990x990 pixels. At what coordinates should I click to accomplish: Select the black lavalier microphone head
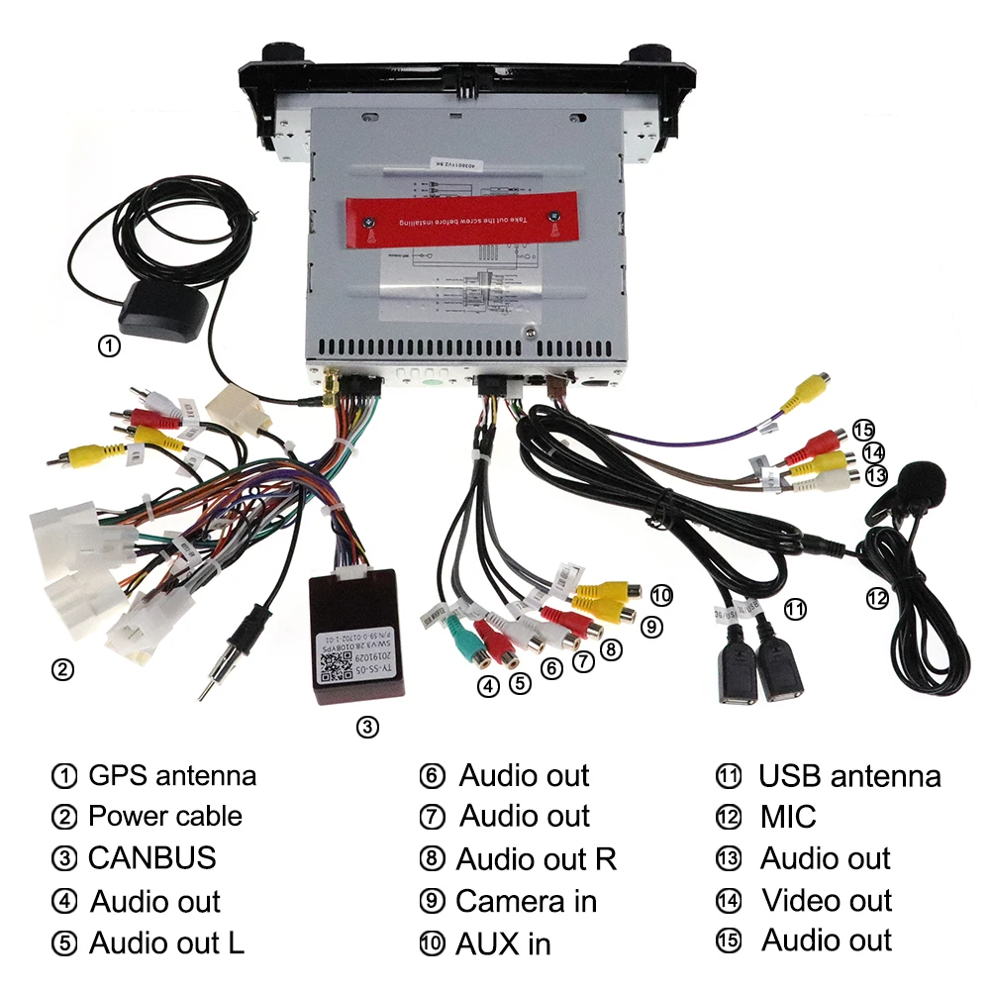[921, 485]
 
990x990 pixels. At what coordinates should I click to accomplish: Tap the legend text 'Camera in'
[526, 901]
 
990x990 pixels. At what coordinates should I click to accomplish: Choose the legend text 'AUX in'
[502, 943]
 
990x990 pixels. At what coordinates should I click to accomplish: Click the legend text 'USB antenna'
[849, 776]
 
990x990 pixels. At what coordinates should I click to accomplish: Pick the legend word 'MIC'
[788, 817]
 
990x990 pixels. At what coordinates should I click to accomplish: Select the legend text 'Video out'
[827, 900]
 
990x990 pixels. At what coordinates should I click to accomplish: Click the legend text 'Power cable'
[164, 817]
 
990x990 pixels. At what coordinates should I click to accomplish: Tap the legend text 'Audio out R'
[536, 859]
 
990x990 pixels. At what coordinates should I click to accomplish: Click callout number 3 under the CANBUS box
[367, 728]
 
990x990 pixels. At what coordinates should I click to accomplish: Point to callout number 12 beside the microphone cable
[877, 598]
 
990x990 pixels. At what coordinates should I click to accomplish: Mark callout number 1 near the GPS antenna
[109, 346]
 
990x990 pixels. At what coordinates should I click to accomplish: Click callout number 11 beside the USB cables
[795, 609]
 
